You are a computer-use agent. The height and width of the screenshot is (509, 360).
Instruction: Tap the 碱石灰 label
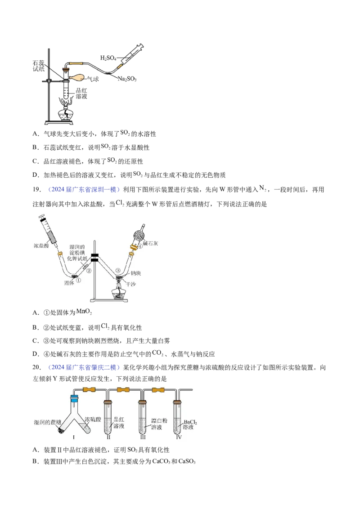click(151, 243)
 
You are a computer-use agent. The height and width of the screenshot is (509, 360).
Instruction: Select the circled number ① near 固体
click(78, 280)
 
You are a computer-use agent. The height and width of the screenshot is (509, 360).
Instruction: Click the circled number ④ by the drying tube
click(140, 246)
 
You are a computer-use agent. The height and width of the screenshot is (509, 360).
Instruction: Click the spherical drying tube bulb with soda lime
click(139, 235)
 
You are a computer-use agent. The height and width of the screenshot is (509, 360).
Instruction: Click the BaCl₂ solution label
click(190, 425)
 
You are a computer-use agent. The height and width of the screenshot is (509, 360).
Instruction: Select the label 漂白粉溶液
click(159, 424)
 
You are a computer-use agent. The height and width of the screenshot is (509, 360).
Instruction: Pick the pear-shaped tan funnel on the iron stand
click(77, 78)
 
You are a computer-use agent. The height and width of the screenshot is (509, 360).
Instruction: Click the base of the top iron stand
click(58, 123)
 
